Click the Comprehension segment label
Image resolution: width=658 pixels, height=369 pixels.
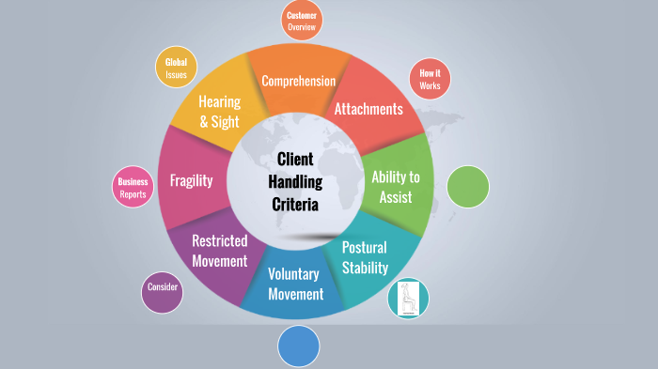[298, 81]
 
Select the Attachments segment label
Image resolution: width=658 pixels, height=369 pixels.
[368, 109]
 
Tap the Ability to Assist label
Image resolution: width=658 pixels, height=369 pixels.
[396, 186]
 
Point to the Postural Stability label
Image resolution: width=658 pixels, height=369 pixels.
[365, 257]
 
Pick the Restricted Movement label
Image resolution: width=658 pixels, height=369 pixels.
[219, 251]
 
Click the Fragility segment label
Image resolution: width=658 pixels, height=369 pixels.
[191, 180]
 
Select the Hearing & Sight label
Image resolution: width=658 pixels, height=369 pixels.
[219, 111]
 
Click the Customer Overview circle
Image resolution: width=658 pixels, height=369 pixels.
[302, 21]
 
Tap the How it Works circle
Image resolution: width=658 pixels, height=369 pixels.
[431, 79]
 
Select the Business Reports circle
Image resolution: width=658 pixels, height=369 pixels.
[133, 188]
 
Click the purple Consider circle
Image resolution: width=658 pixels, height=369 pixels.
[162, 294]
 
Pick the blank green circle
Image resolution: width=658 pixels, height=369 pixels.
[467, 186]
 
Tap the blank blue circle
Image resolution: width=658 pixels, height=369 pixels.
[299, 346]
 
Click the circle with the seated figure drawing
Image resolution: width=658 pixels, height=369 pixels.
[408, 298]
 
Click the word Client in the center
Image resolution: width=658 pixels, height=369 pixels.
[295, 159]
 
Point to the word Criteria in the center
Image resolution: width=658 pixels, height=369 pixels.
[295, 204]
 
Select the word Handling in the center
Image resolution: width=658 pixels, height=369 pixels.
[295, 181]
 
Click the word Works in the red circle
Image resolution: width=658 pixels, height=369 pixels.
[431, 85]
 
